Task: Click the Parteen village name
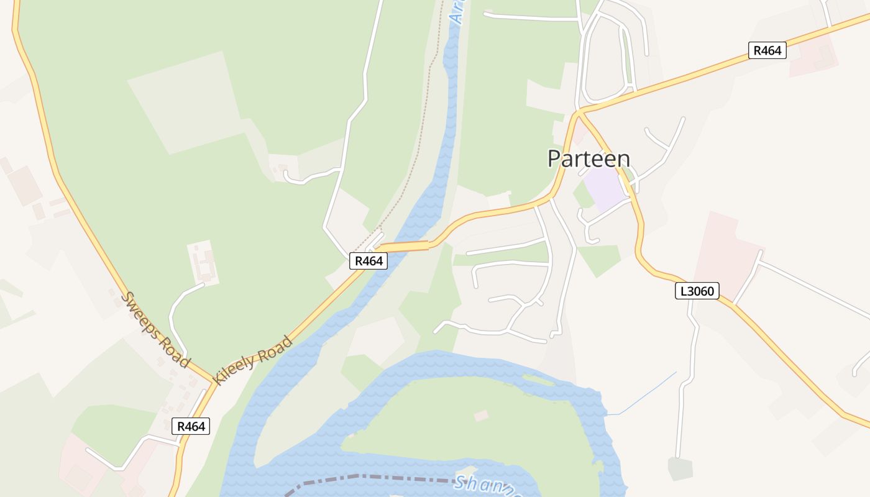point(588,159)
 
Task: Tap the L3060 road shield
point(697,290)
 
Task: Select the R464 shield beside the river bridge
point(369,261)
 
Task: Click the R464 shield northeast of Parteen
point(767,50)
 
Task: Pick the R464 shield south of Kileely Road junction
point(190,426)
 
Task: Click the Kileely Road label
point(252,360)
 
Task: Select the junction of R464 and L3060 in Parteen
point(579,112)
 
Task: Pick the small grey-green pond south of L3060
point(680,468)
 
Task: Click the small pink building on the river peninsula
point(481,416)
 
